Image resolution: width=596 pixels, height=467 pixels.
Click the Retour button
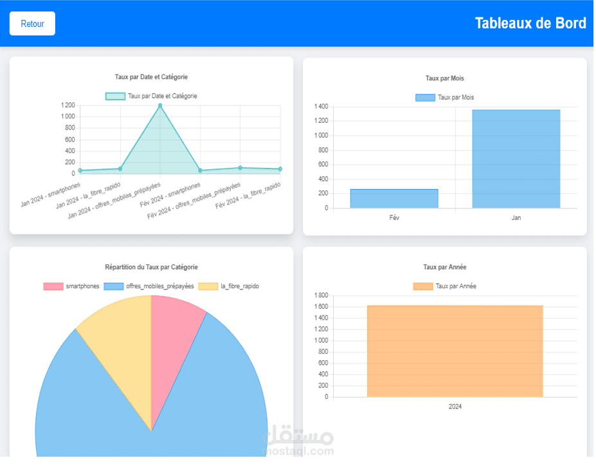[x=32, y=24]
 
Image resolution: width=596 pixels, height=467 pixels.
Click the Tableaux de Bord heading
[x=530, y=23]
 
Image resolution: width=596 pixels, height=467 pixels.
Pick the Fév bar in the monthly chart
[x=394, y=199]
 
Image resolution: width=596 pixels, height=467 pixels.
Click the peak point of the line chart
[x=160, y=105]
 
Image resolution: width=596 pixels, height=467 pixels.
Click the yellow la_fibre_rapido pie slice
[x=116, y=347]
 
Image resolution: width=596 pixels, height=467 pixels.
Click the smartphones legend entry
[x=71, y=286]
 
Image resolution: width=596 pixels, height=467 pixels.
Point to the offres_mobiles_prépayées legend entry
[x=149, y=286]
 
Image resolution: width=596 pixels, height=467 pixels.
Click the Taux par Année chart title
[x=444, y=267]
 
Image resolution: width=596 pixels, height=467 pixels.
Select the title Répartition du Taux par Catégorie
[x=151, y=267]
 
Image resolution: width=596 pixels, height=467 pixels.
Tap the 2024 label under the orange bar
[x=455, y=407]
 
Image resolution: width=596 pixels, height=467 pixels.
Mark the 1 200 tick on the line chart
[x=68, y=105]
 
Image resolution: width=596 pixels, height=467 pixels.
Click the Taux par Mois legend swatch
[x=425, y=98]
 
